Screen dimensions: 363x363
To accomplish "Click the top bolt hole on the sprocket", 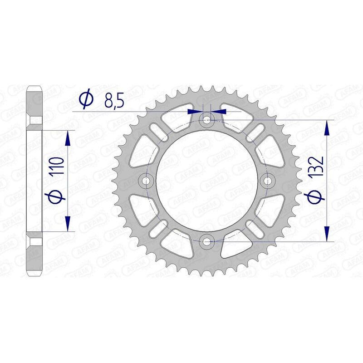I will point(208,120).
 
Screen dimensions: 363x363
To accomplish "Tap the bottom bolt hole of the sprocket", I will point(208,241).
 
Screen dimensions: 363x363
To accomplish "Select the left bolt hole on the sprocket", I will point(147,181).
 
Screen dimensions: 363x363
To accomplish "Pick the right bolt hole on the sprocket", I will point(268,181).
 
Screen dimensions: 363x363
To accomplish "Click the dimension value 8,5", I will point(114,100).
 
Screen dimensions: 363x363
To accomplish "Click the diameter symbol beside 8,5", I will point(86,99).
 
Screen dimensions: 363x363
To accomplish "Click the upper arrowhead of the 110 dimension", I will point(68,137).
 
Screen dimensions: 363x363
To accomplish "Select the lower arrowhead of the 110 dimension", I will point(68,224).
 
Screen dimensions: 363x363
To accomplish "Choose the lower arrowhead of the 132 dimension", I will point(326,233).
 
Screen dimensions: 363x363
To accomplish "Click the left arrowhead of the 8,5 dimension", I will point(196,111).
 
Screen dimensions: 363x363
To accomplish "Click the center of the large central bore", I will point(208,181).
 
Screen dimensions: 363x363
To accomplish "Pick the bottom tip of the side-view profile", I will point(35,275).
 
